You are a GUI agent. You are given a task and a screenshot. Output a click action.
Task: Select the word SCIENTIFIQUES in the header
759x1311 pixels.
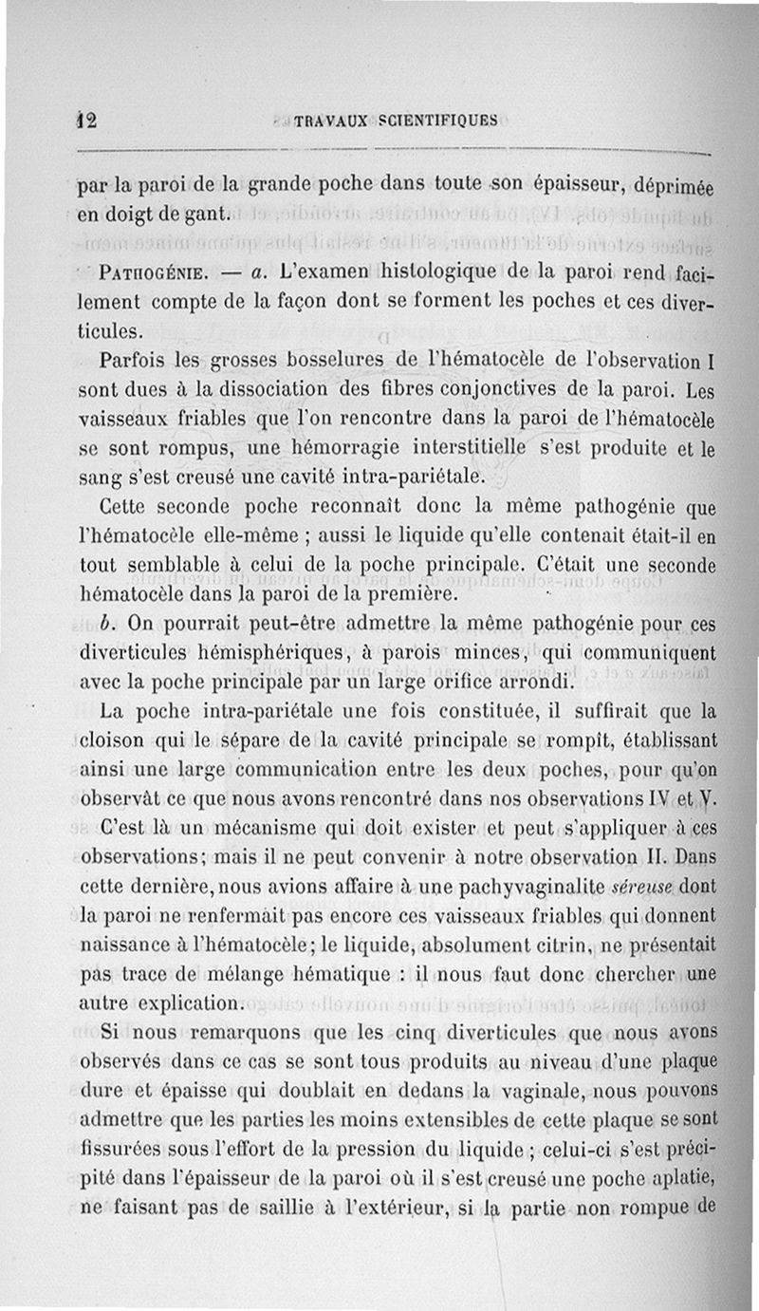tap(437, 121)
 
